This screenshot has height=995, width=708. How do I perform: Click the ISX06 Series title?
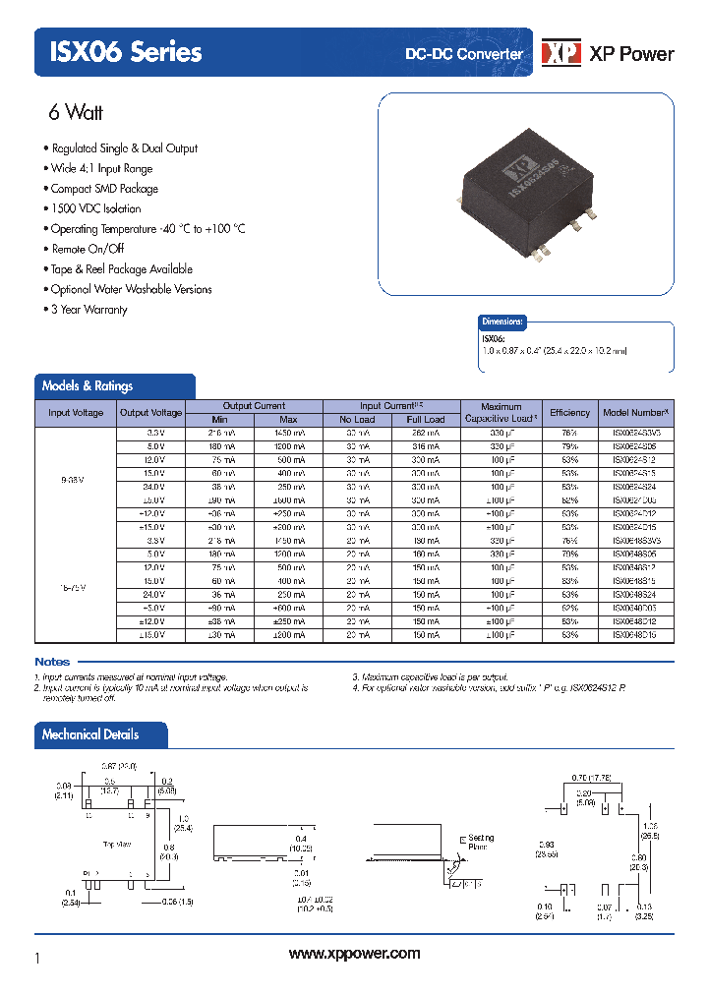tap(119, 51)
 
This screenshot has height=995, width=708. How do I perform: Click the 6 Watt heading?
tap(76, 112)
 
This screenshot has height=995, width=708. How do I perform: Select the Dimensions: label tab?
tap(502, 322)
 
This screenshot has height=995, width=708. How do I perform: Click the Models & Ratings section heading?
tap(88, 386)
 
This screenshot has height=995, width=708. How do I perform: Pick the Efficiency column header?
tap(570, 413)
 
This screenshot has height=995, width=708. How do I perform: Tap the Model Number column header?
tap(635, 413)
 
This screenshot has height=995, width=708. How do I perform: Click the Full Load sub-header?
tap(426, 420)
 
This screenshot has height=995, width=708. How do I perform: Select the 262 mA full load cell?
tap(426, 433)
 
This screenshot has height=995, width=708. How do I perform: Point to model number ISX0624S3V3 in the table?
tap(635, 433)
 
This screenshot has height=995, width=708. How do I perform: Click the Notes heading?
tap(52, 662)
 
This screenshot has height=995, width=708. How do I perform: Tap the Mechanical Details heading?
tap(90, 734)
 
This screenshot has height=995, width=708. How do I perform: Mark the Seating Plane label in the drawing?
tap(481, 842)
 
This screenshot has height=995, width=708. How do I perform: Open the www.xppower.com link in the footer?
tap(355, 954)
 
